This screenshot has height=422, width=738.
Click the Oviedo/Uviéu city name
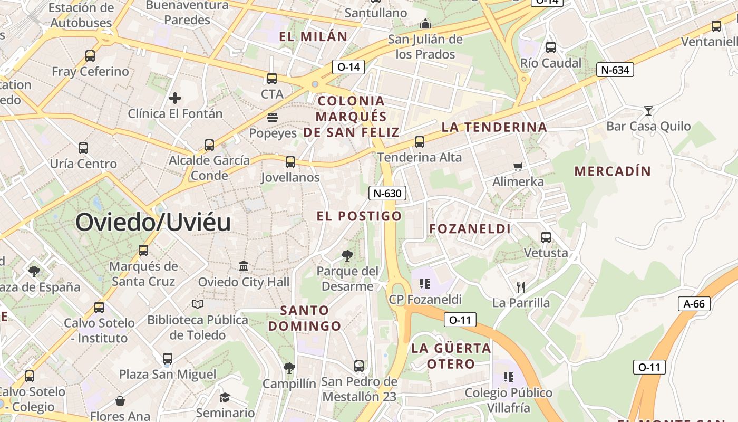click(153, 222)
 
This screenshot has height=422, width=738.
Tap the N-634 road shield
click(615, 70)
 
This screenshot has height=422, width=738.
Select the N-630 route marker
click(387, 193)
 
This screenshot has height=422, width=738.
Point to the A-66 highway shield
click(694, 304)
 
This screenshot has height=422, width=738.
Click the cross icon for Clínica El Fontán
click(175, 98)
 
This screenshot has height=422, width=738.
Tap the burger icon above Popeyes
click(273, 117)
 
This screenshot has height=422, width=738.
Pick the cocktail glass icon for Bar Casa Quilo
click(648, 110)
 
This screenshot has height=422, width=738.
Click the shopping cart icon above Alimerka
click(518, 166)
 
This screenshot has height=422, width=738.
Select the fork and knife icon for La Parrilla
click(521, 287)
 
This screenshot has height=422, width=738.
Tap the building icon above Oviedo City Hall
click(244, 266)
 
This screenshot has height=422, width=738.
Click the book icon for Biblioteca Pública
click(198, 304)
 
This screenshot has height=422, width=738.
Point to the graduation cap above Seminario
click(225, 397)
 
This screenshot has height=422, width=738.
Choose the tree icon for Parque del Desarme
click(347, 256)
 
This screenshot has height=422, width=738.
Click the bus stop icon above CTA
click(272, 79)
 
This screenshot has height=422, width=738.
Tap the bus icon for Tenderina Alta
click(420, 141)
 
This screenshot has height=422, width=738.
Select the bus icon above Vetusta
click(546, 237)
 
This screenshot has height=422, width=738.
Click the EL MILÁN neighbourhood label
click(313, 36)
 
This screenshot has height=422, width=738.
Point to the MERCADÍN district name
click(613, 171)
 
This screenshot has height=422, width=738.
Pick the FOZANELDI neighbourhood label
click(470, 229)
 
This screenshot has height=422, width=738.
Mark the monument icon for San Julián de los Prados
click(425, 24)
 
